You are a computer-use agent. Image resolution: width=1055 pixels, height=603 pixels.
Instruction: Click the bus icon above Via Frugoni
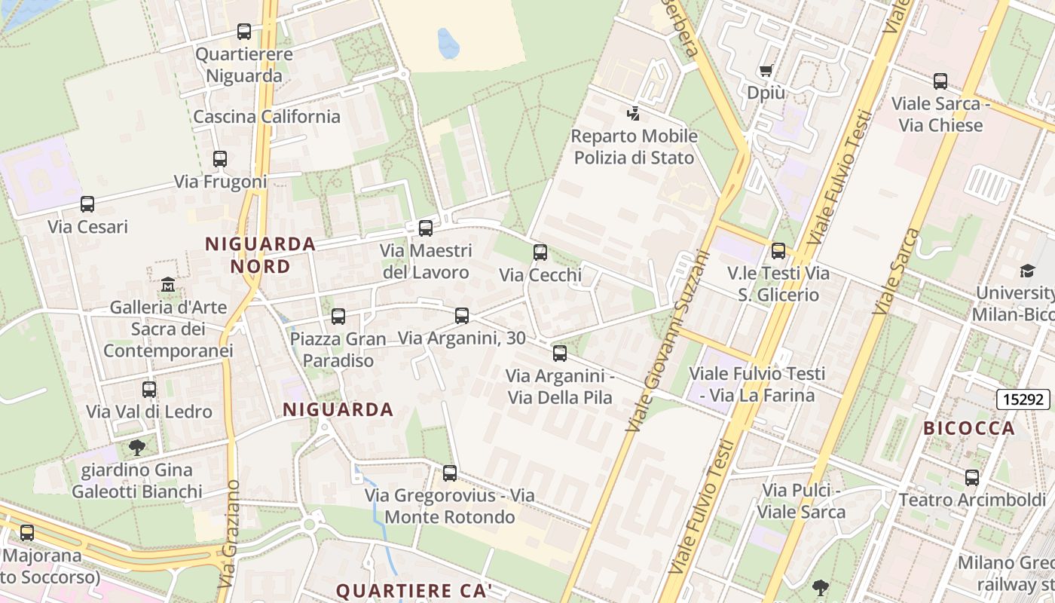[x=219, y=159]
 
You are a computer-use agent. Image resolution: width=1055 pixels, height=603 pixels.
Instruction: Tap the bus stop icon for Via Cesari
[x=87, y=204]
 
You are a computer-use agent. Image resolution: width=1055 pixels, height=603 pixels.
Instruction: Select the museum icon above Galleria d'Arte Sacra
[x=168, y=285]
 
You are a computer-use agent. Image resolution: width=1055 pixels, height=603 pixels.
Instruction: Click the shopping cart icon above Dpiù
[x=766, y=71]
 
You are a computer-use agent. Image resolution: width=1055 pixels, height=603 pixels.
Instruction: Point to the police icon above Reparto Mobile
[x=634, y=114]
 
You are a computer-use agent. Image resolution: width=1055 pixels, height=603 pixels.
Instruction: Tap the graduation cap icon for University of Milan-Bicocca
[x=1027, y=271]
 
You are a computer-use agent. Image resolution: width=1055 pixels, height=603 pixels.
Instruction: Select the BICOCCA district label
[x=969, y=428]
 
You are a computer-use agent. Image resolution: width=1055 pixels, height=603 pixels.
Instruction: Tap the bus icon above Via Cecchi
[x=540, y=253]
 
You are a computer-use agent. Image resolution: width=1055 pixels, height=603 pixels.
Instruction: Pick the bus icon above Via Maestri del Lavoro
[x=426, y=228]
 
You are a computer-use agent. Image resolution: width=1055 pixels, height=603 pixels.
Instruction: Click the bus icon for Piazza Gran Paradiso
[x=338, y=317]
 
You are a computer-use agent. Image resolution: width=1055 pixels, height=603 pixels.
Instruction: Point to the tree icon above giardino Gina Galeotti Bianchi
[x=137, y=448]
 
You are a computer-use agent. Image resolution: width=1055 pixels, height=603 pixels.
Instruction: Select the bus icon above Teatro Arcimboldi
[x=972, y=477]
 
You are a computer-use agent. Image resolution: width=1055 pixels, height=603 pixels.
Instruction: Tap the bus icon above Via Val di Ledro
[x=149, y=390]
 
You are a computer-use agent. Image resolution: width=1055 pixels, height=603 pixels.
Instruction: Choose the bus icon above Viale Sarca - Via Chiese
[x=940, y=81]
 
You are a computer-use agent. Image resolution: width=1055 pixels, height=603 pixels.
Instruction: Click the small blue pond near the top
[x=448, y=44]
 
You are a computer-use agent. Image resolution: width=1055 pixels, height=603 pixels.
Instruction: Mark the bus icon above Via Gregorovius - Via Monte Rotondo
[x=450, y=473]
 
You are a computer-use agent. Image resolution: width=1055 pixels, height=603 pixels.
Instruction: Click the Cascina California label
[x=267, y=117]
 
